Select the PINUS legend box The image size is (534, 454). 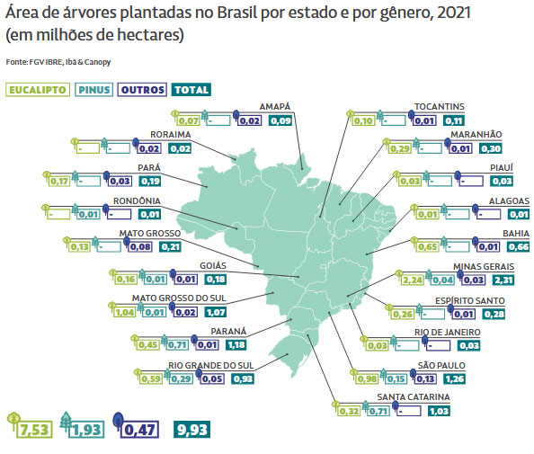(x=93, y=90)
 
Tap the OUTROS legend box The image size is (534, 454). (x=142, y=90)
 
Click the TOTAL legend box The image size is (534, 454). (x=191, y=90)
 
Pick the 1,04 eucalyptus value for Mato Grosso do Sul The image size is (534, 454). (x=125, y=312)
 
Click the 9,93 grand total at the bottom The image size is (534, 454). (x=192, y=430)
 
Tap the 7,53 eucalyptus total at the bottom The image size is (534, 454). (x=35, y=430)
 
